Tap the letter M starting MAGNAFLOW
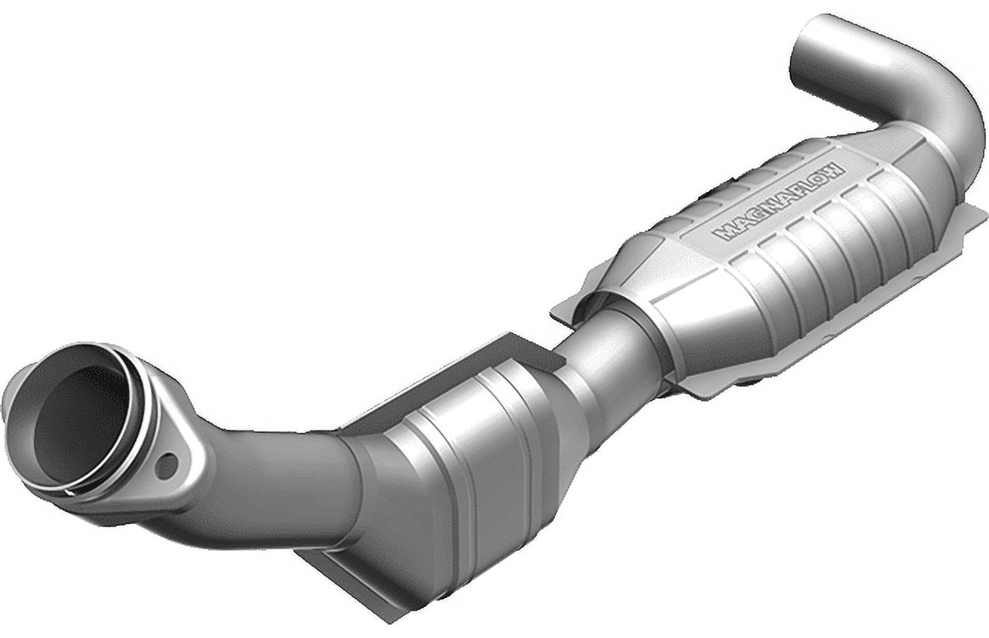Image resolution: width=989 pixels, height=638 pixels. click(726, 233)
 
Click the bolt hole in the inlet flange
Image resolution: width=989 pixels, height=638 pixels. click(167, 465)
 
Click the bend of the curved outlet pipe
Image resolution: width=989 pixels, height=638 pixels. click(952, 111)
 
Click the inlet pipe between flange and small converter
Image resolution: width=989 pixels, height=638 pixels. click(280, 480)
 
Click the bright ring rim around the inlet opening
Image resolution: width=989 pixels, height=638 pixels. click(133, 414)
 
